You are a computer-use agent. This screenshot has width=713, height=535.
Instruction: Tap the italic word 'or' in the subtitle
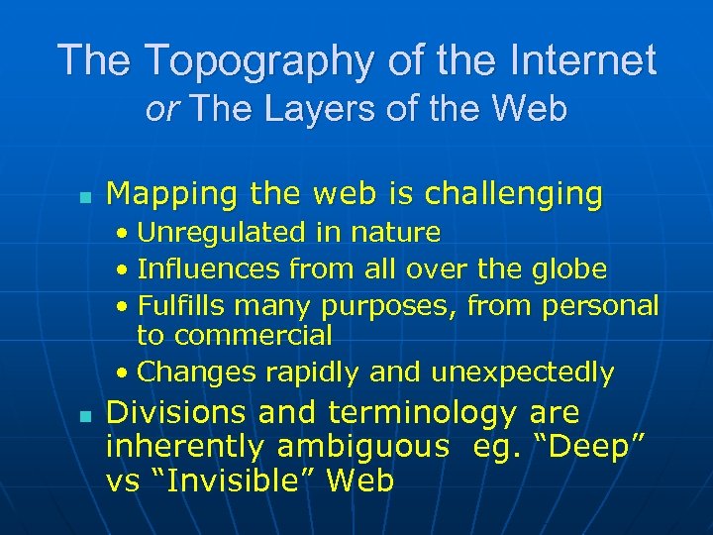(x=160, y=109)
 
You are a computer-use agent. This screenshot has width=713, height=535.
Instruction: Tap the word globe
(x=569, y=268)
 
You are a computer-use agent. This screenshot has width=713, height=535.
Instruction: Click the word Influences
(x=211, y=268)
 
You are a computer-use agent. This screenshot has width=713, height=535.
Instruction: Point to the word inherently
(x=185, y=447)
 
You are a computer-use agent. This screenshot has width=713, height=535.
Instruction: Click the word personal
(x=601, y=305)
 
